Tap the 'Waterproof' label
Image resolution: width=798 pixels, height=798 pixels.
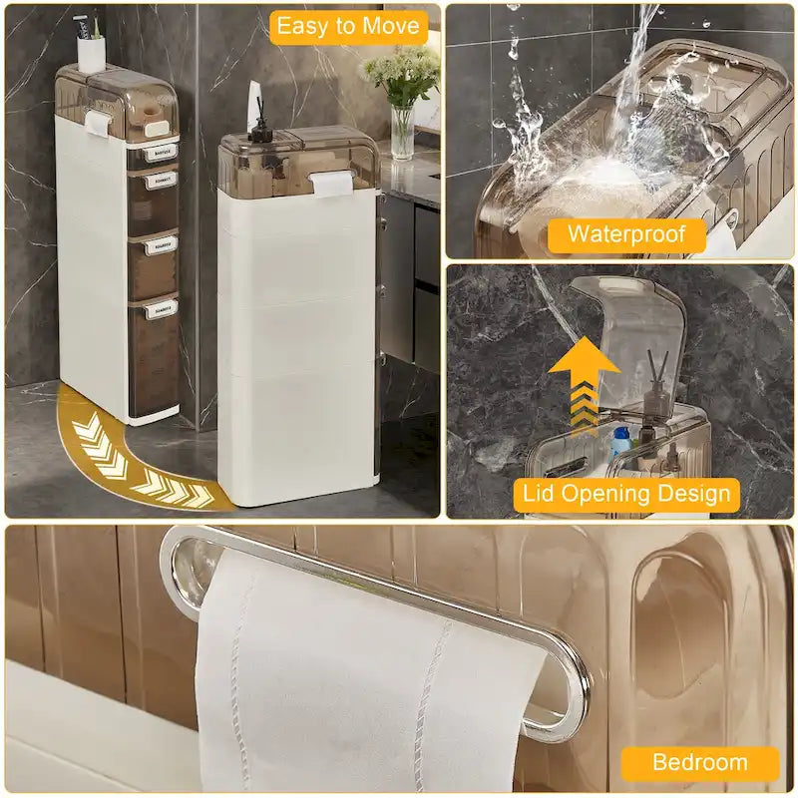[x=625, y=235]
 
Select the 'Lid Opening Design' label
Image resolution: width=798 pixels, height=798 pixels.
[x=626, y=494]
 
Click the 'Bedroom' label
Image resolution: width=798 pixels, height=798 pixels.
[x=699, y=763]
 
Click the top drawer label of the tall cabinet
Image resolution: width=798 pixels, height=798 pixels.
[x=160, y=153]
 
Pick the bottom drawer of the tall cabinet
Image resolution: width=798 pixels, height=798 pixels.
[x=155, y=354]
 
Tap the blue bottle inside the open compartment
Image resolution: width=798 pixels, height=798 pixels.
[x=620, y=440]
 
